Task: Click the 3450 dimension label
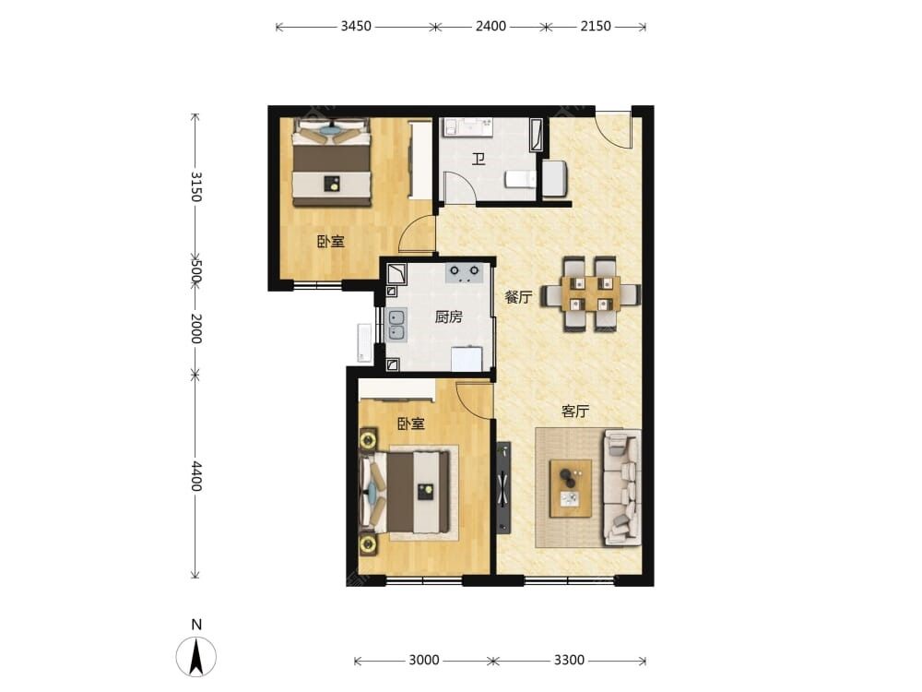356,26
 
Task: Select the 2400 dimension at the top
491,26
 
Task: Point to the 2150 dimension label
596,26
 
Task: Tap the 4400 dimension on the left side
196,476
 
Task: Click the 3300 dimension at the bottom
569,661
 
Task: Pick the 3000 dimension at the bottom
423,661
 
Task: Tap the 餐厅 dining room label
518,297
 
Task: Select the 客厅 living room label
574,411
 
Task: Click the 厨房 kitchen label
449,317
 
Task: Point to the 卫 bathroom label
479,159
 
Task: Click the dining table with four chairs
591,294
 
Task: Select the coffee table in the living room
571,489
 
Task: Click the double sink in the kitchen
396,325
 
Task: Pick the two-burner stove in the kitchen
464,273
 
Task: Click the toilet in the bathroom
521,179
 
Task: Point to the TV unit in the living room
503,487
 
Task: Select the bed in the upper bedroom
332,162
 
